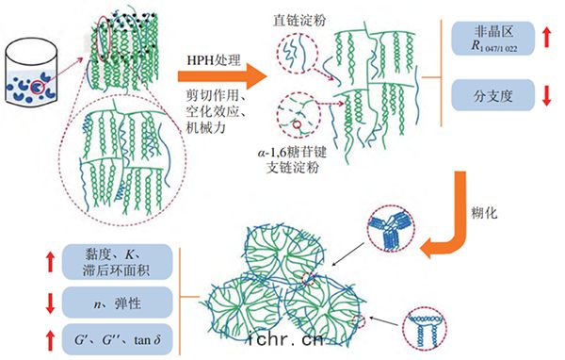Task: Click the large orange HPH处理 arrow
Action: [221, 76]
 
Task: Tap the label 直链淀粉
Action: [299, 20]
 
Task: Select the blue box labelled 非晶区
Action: [492, 39]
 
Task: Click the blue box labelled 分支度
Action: [492, 95]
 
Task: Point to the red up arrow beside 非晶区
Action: [546, 38]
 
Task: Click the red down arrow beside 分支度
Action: [546, 95]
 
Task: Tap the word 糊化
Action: [484, 213]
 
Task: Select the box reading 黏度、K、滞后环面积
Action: [118, 262]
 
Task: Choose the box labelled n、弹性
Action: [118, 303]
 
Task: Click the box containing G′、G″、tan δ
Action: [118, 339]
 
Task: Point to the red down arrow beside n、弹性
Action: [50, 303]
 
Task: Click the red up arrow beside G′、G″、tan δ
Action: [50, 341]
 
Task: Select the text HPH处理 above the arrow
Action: [214, 60]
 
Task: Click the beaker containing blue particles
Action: [31, 73]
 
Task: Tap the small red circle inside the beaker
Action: [38, 88]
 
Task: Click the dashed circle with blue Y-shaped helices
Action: [391, 229]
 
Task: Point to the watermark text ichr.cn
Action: [286, 339]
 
